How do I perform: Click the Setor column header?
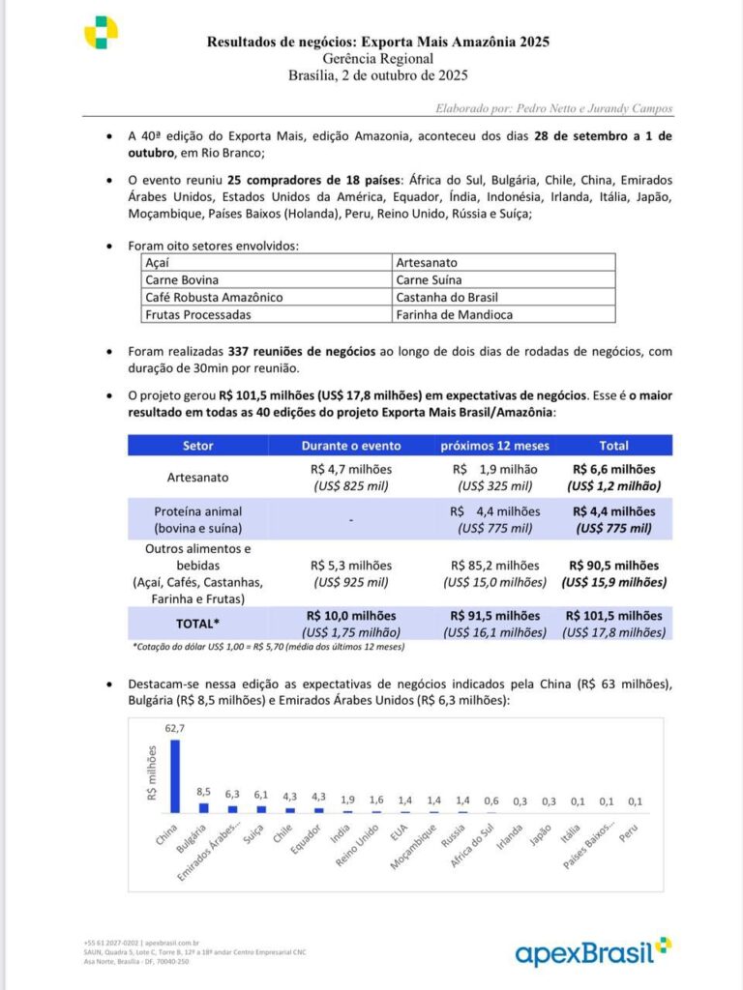(198, 446)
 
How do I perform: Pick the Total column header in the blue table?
(613, 446)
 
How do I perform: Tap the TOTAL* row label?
(198, 624)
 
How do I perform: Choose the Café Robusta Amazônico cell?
(214, 297)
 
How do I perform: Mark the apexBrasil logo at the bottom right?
(592, 951)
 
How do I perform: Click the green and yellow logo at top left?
(101, 33)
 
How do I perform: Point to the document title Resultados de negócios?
(378, 42)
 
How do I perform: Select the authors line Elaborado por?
(552, 108)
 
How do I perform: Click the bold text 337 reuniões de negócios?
(301, 352)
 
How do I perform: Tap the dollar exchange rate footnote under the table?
(268, 647)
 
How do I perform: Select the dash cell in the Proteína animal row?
(350, 519)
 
